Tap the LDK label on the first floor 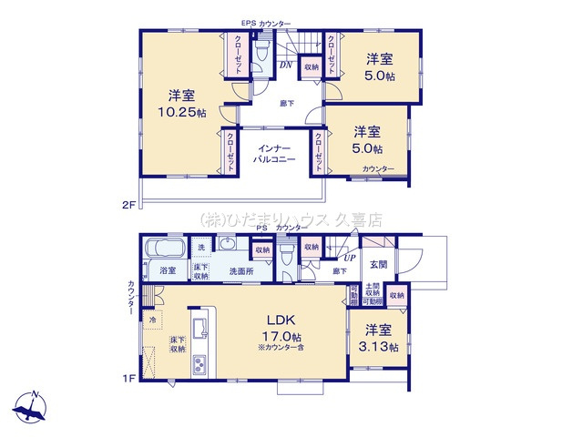tap(278, 320)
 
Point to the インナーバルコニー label tap(274, 153)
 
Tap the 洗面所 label tap(240, 270)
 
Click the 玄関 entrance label tap(379, 264)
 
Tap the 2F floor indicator tap(127, 206)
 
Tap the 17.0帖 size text tap(280, 336)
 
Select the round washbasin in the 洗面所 tap(225, 244)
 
